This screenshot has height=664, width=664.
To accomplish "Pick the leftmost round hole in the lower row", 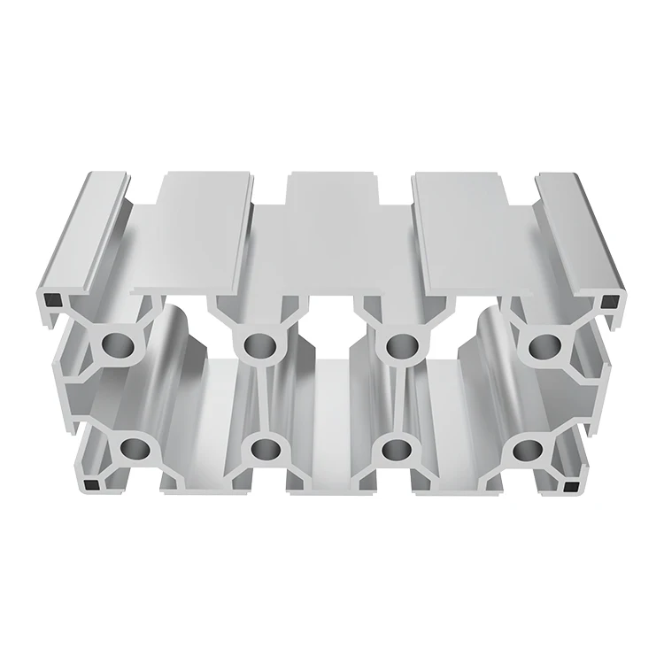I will (x=135, y=449).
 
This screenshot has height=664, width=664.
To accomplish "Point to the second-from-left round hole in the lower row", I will (x=264, y=449).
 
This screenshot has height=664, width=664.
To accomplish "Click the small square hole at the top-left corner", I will (x=50, y=301).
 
